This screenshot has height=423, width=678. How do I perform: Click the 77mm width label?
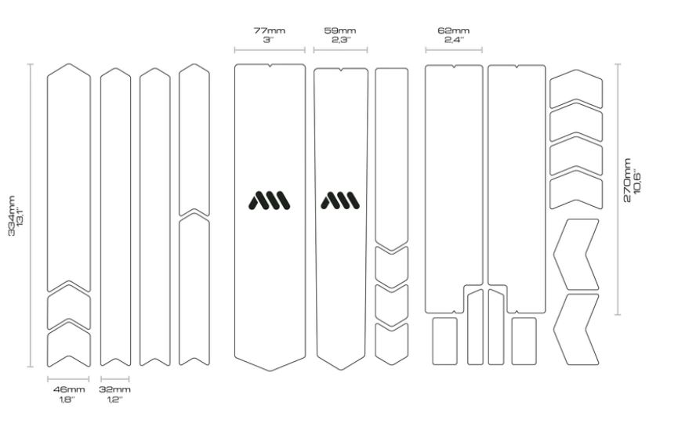coord(269,31)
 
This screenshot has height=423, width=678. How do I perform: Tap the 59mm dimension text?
coord(340,31)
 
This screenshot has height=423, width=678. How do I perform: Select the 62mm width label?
coord(454,31)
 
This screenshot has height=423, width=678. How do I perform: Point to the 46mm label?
coord(69,389)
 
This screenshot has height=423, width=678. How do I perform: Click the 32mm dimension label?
coord(114,389)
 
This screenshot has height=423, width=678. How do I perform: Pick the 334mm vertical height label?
coord(12,215)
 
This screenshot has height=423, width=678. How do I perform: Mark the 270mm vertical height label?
coord(627,179)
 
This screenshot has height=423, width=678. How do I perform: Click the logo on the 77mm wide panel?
coord(270,201)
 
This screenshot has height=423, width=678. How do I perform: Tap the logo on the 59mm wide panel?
coord(340,201)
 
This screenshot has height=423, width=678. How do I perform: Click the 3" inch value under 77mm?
coord(269,40)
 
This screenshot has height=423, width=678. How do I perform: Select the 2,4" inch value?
coord(454,40)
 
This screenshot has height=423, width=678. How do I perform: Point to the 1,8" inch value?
coord(67,399)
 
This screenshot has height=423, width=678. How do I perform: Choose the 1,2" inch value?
coord(114,399)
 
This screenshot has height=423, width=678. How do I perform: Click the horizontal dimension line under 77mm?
coord(270,50)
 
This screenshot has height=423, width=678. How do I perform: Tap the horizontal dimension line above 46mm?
coord(68,379)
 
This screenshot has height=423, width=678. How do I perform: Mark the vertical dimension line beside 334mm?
coord(31,215)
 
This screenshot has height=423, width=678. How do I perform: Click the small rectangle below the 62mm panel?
coord(445,342)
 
